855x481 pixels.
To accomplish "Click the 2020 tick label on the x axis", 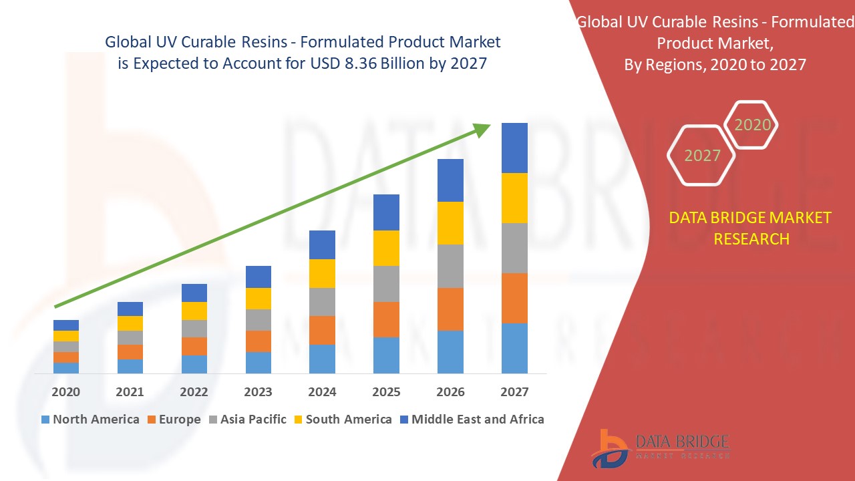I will tap(65, 392).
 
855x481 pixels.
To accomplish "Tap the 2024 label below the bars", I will tap(322, 392).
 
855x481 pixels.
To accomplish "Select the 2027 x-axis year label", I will tap(514, 392).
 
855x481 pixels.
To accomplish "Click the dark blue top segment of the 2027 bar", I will tap(514, 148).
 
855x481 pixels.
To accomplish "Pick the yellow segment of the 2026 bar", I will tap(450, 223).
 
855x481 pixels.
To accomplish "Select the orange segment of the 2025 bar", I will tap(386, 319).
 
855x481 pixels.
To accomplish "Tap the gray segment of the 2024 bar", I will tap(322, 302).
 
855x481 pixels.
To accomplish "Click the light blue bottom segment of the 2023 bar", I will tap(258, 363).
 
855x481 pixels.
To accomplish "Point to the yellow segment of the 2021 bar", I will tap(130, 323).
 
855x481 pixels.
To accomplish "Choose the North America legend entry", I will tap(90, 420).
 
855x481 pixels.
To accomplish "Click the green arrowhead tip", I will tap(488, 126).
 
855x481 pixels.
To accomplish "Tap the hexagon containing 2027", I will tap(701, 155).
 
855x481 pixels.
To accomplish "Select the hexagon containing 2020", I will tap(752, 125).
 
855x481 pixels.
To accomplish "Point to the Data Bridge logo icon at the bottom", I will tap(609, 448).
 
